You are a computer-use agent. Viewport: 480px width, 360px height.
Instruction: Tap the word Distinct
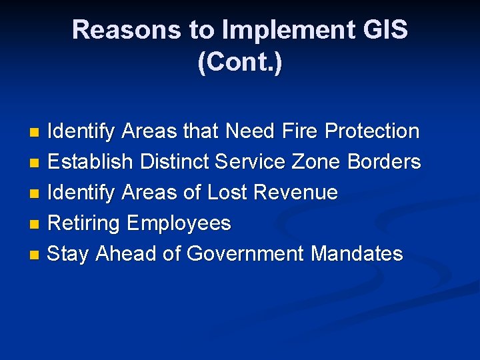tap(162, 162)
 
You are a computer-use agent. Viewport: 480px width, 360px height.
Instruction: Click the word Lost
tap(231, 193)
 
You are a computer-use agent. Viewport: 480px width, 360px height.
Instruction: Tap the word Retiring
tap(85, 223)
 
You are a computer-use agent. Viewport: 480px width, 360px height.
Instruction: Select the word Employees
tap(179, 223)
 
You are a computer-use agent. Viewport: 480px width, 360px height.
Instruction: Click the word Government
tap(246, 254)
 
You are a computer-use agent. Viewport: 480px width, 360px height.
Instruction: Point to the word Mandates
tap(357, 254)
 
